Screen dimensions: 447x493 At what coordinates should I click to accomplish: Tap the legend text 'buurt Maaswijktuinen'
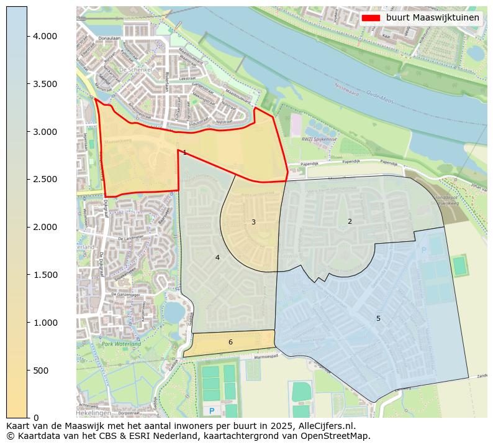coord(432,18)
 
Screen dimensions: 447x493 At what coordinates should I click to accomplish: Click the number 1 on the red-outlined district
coord(184,152)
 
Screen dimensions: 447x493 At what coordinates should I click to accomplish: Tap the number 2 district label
coord(350,221)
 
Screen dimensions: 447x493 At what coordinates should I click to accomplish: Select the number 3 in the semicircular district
coord(253,222)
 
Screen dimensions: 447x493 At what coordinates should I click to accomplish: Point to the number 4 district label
coord(217,257)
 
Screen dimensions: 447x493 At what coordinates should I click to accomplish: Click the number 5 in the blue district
coord(378,318)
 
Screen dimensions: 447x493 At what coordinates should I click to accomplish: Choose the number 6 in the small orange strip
coord(230,342)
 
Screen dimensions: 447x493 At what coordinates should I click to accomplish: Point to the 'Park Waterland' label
coord(121,344)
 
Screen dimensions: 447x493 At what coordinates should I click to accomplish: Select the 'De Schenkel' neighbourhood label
coord(135,70)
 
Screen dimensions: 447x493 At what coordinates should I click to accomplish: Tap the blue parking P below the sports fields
coord(212,411)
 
